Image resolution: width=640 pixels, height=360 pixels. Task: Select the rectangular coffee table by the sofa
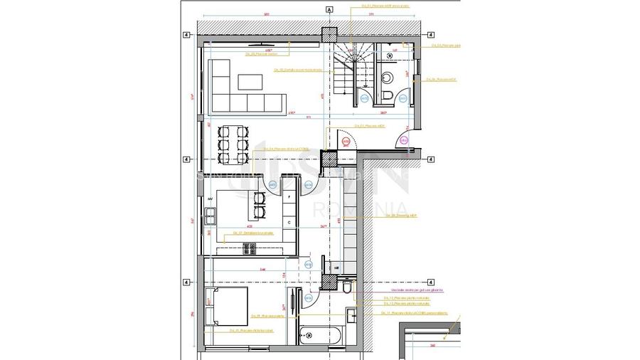click(250, 81)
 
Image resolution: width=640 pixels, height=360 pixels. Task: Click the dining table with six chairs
click(233, 143)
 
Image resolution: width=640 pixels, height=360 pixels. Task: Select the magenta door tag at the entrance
click(403, 142)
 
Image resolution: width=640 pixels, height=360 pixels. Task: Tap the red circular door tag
click(346, 142)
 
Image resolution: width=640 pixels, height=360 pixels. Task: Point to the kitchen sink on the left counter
click(211, 213)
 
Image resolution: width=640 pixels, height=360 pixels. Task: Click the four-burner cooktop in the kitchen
click(250, 248)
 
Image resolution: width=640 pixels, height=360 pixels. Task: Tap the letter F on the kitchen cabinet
click(289, 196)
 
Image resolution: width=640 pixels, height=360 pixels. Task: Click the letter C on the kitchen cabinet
click(289, 222)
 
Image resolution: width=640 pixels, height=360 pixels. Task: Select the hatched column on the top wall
click(329, 35)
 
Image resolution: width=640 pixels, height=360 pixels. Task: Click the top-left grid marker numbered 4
click(186, 34)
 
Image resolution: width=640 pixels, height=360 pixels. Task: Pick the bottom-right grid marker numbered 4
click(431, 282)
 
